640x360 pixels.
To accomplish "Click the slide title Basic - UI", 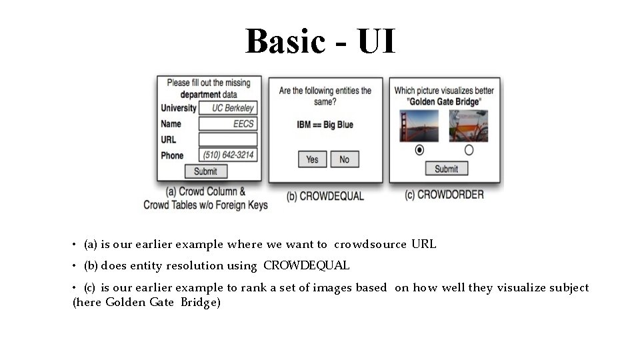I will click(x=320, y=41).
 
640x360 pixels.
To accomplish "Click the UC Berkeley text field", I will click(x=228, y=108).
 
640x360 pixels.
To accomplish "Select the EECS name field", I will click(x=228, y=123).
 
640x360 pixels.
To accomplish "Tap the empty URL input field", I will click(x=228, y=139).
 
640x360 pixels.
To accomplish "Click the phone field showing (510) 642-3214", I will click(x=228, y=155).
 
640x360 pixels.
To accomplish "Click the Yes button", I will click(x=312, y=159).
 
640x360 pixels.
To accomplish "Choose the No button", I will click(x=344, y=159).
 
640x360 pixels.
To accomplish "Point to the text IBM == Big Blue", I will click(x=325, y=125).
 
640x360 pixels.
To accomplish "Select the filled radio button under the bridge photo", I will click(x=419, y=150).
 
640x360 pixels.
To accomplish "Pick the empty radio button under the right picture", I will click(x=469, y=150).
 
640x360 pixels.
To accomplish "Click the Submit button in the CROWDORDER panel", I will click(x=446, y=169).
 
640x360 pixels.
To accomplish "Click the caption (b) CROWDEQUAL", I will click(x=325, y=196).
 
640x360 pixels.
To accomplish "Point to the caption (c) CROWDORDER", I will click(x=444, y=195).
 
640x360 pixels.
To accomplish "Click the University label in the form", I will click(x=179, y=108).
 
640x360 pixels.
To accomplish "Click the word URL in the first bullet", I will click(x=424, y=244).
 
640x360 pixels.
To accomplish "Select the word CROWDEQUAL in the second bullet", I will click(x=306, y=265).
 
